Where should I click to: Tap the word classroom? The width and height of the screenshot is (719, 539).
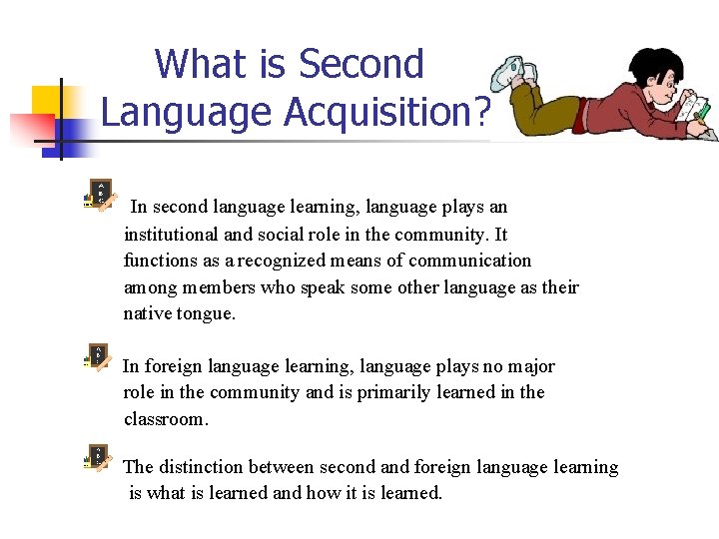[166, 418]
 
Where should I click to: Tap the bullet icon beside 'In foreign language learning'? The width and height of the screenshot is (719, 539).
[99, 357]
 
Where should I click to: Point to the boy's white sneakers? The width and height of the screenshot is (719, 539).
[514, 73]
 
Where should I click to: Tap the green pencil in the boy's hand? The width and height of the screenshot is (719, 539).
[706, 113]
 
